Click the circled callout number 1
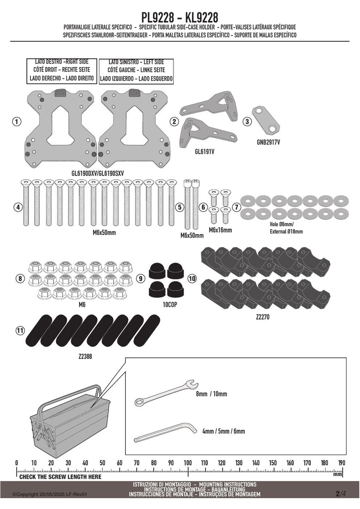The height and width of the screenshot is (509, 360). click(16, 122)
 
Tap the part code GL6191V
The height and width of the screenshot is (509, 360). click(204, 152)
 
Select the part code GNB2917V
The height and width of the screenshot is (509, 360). click(268, 142)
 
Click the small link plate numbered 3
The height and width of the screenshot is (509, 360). click(266, 119)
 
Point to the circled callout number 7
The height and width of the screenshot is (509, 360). click(236, 207)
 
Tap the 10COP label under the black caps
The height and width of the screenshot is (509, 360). click(170, 305)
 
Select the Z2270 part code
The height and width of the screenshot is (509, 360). click(263, 317)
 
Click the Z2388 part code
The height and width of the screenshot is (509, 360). click(86, 356)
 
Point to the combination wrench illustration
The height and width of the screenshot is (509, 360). click(166, 393)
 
